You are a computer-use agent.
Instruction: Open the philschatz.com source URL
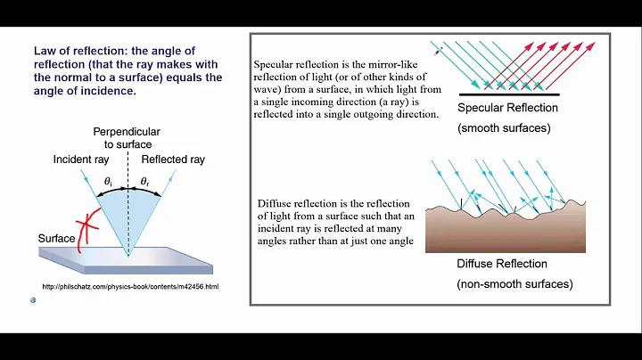point(130,286)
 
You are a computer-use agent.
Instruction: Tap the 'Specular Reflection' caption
point(507,108)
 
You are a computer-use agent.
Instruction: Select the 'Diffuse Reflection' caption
point(502,264)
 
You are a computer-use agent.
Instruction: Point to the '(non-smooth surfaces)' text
point(514,284)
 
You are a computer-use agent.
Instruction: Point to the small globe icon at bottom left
point(32,300)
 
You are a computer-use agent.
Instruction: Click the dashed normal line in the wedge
point(128,214)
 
